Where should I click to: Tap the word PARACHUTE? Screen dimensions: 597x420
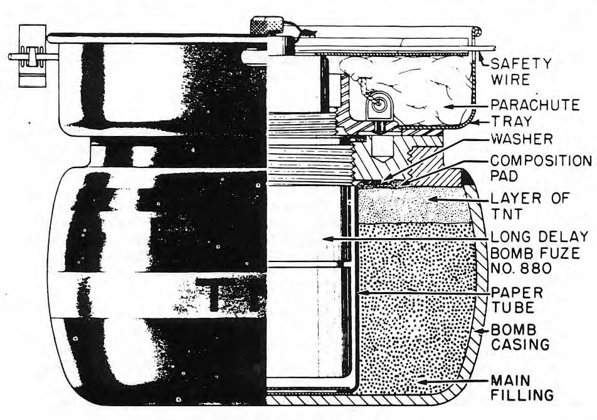coord(535,105)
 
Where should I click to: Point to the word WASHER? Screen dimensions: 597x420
coord(521,139)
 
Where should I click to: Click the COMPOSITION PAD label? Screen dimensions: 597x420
coord(541,168)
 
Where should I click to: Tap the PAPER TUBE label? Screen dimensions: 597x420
coord(516,300)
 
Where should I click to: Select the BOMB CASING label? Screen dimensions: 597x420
coord(520,337)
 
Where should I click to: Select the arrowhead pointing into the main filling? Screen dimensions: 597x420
coord(423,381)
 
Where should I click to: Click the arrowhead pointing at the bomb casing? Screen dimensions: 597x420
coord(480,331)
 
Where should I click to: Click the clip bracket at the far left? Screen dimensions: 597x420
coord(32,56)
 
